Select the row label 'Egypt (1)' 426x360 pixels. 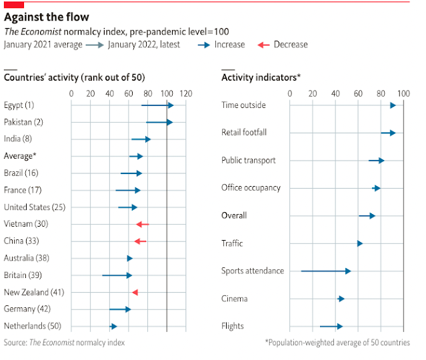pos(19,105)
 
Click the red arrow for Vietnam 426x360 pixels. pos(142,224)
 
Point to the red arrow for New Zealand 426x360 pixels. pos(135,292)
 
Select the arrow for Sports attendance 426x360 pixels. pos(325,271)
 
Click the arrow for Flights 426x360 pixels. pos(331,326)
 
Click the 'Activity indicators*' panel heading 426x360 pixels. pos(261,78)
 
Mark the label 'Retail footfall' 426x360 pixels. pos(243,133)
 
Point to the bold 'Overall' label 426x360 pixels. pos(234,215)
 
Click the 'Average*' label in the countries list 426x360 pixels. pos(19,156)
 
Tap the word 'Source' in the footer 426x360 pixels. pos(15,343)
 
